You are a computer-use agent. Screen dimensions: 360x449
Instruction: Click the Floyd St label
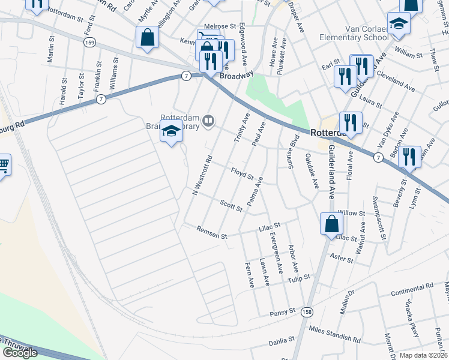click(x=243, y=175)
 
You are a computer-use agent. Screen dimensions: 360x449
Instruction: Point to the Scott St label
click(x=231, y=206)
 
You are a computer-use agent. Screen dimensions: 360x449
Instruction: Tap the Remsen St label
click(x=212, y=232)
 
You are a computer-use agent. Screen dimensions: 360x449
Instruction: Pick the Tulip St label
click(x=299, y=278)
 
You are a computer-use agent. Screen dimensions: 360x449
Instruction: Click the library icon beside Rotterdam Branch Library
click(x=208, y=122)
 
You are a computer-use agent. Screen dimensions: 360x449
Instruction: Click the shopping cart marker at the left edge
click(x=3, y=163)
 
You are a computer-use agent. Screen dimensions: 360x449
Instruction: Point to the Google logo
click(x=20, y=352)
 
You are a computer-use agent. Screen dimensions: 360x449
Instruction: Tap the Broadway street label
click(x=237, y=76)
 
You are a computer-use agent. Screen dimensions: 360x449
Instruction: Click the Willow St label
click(x=351, y=213)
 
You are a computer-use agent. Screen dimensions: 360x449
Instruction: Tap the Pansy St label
click(x=283, y=312)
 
